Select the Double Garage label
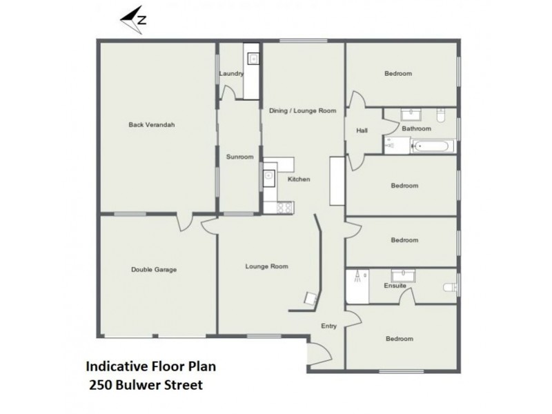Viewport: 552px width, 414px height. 154,270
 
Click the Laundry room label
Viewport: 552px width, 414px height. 230,73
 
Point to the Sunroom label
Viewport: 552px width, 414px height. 239,157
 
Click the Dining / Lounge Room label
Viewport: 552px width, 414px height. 302,110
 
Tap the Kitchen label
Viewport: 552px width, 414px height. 299,179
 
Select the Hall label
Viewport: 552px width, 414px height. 362,130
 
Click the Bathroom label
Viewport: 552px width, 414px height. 417,128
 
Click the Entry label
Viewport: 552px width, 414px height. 329,326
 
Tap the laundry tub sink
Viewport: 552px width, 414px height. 253,59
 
